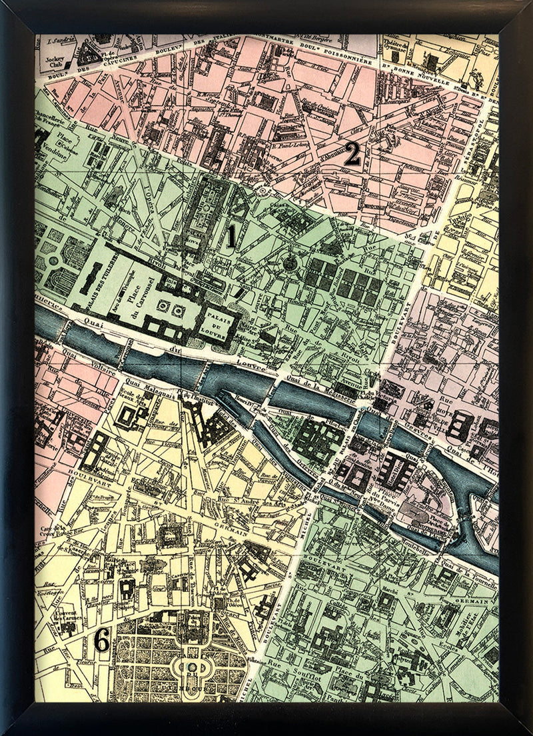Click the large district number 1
tap(231, 237)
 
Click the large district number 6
tap(101, 641)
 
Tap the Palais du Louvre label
tap(215, 321)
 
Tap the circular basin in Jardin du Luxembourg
tap(192, 665)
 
